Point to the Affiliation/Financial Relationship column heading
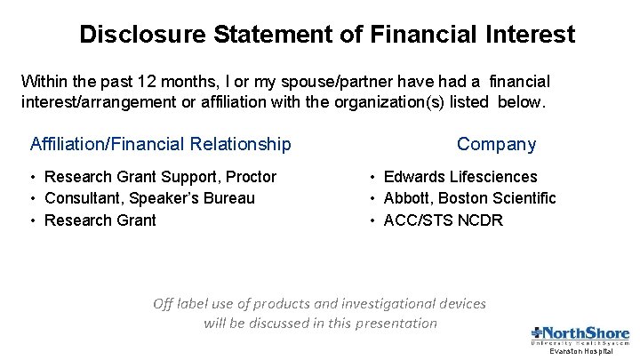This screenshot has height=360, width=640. pyautogui.click(x=160, y=144)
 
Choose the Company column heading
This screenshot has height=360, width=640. pyautogui.click(x=496, y=144)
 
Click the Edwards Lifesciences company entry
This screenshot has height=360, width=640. pyautogui.click(x=460, y=177)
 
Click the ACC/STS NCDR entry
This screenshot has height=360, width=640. pyautogui.click(x=443, y=220)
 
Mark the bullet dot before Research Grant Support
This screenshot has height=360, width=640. pyautogui.click(x=33, y=177)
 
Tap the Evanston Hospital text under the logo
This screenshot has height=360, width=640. pyautogui.click(x=580, y=352)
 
